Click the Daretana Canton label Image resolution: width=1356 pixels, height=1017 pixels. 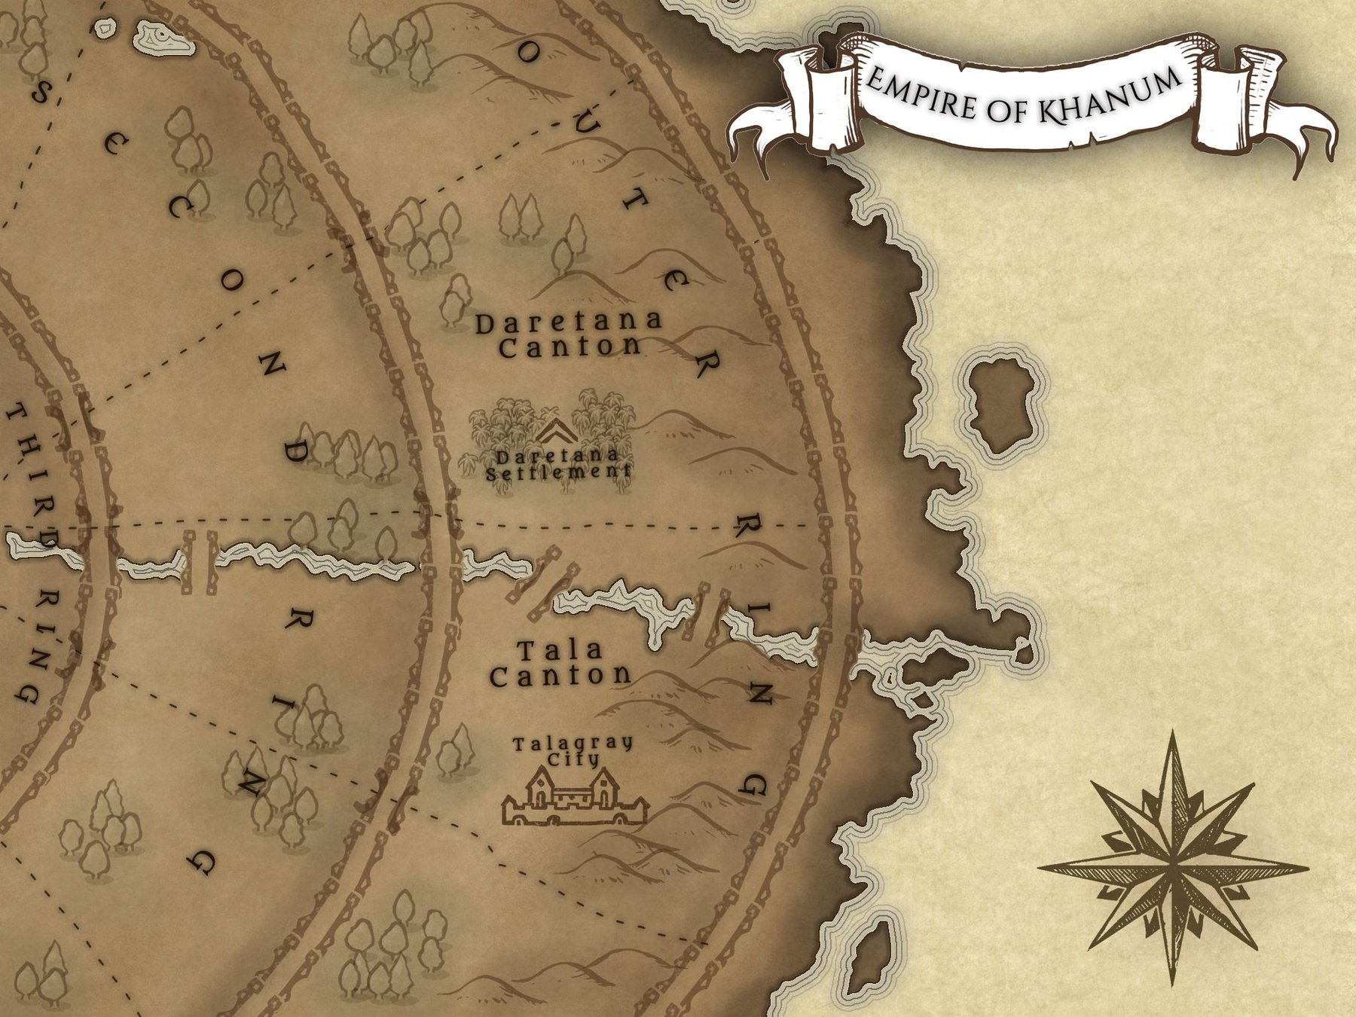point(569,334)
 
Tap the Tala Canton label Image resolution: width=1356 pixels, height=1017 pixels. point(560,663)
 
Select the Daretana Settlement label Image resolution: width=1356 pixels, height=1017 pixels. point(558,464)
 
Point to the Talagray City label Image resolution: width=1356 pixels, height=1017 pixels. point(573,750)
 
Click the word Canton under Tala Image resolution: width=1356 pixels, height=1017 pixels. point(560,675)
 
